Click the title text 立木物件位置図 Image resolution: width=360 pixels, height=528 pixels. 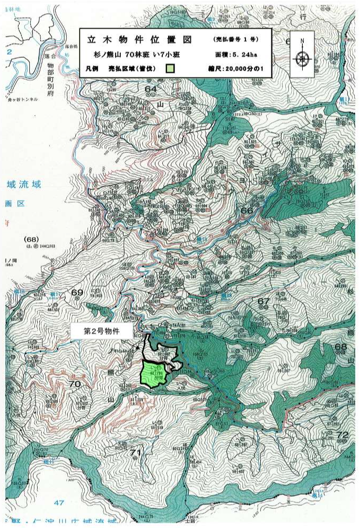pos(135,40)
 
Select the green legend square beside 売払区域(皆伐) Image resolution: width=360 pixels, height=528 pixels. pos(170,68)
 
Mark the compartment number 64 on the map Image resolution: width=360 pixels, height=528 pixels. pos(151,89)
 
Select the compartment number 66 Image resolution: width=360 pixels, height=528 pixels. pos(247,211)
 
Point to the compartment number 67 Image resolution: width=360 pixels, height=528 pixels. pos(264,301)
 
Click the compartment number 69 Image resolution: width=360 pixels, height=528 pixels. pos(77,293)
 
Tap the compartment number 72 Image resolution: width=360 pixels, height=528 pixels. pos(343,435)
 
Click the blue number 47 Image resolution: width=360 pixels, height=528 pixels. pos(58,501)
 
